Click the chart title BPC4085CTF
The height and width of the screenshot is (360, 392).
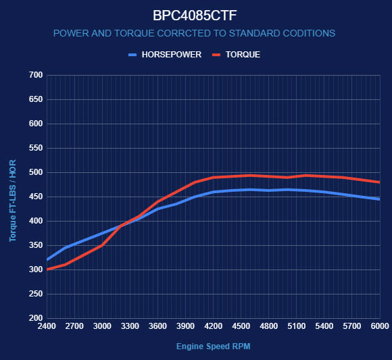point(195,14)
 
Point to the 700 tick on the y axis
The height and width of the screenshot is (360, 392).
point(34,75)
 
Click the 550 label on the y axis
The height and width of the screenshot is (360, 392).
point(34,148)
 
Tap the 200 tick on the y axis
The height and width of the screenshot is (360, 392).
point(34,318)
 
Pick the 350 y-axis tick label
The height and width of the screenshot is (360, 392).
point(34,245)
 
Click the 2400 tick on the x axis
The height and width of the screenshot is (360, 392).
point(46,326)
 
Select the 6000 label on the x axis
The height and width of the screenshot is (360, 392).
point(380,326)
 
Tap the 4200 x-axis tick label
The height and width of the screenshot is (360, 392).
point(213,326)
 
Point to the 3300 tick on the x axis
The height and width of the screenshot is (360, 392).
point(130,326)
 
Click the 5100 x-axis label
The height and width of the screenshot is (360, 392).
point(297,326)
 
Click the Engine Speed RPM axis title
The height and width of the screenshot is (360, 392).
point(213,346)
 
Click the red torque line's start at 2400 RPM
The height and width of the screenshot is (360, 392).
point(47,269)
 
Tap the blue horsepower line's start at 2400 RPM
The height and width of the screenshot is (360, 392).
point(47,259)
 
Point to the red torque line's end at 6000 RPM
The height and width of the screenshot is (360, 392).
point(379,182)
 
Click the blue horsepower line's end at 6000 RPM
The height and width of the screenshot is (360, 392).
point(379,199)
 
